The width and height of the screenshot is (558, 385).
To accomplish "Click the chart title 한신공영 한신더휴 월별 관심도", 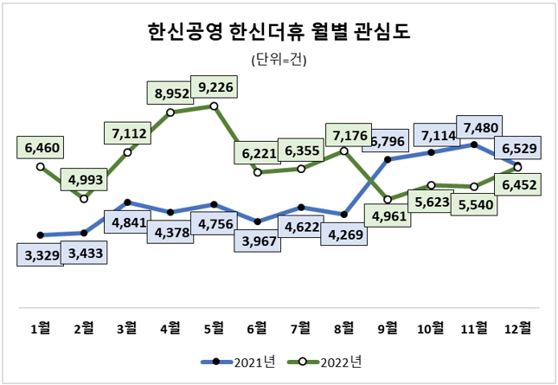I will [279, 33].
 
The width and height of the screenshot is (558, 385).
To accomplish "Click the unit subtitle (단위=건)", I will [279, 61].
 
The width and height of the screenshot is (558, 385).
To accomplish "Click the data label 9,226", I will [214, 87].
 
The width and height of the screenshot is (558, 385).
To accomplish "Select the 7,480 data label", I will [481, 127].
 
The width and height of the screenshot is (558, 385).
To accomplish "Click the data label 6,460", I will [40, 149].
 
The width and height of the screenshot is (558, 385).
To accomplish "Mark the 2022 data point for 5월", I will [214, 106].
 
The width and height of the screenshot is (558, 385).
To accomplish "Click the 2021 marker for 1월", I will [40, 234].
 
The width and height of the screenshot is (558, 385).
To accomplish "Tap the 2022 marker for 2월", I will [84, 199].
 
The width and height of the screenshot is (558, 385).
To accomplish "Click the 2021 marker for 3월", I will [127, 202].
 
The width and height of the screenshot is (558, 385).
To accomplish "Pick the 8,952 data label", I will [170, 93].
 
